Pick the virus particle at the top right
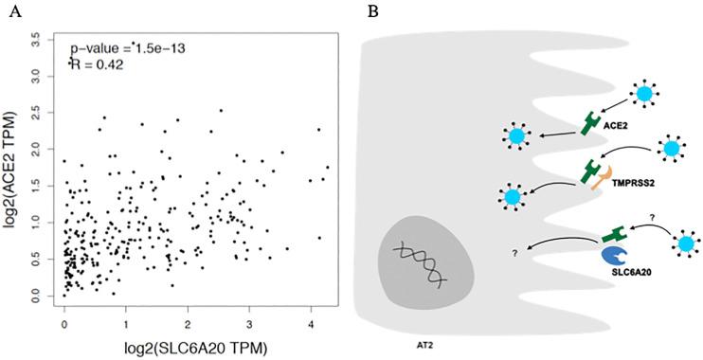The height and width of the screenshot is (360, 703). (646, 93)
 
